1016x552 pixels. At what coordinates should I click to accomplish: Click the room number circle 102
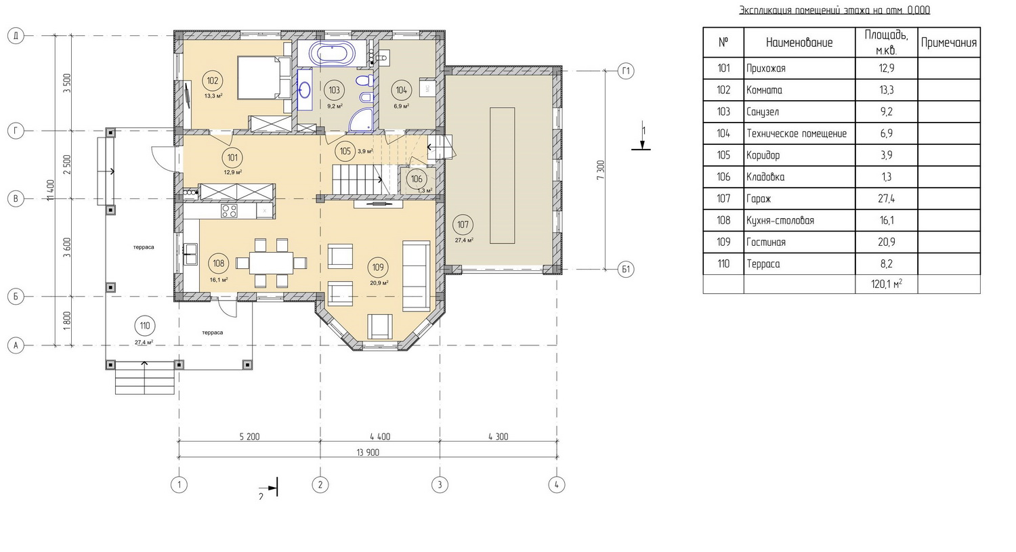212,81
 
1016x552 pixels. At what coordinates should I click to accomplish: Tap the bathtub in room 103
333,54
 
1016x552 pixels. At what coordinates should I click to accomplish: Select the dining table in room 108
271,263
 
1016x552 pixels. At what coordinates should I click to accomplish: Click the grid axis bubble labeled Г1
626,71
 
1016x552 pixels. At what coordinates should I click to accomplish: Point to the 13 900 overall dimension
368,452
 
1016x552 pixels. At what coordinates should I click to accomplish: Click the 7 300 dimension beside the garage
601,170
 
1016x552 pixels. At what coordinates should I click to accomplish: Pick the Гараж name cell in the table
799,198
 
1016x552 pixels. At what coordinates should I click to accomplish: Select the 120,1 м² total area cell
886,284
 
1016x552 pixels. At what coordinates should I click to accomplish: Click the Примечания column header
949,43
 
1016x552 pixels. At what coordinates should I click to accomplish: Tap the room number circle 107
463,224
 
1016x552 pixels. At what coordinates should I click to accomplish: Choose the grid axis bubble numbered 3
440,485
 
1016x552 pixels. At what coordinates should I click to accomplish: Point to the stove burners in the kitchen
229,211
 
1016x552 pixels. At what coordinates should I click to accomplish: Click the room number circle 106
417,179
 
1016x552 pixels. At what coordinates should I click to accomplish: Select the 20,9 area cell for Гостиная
886,242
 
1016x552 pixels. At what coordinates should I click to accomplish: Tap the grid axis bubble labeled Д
16,36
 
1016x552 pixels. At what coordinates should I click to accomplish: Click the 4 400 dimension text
380,437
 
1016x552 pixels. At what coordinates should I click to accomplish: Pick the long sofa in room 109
417,276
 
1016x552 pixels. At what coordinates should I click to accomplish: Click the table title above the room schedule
834,10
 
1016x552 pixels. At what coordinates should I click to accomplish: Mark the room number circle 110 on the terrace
145,326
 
